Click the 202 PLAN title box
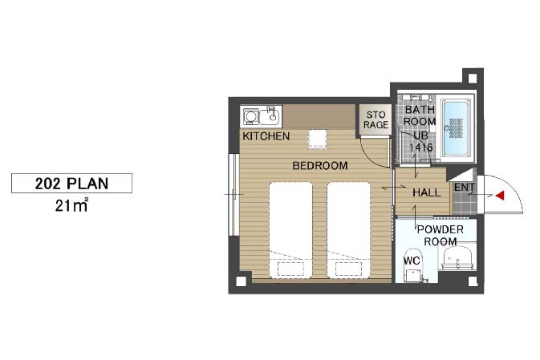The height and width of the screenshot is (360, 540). click(71, 183)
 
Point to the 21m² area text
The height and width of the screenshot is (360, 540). click(71, 205)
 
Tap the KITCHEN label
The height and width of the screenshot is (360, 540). click(266, 136)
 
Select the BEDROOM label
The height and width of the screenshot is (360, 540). click(320, 165)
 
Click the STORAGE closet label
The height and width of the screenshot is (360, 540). click(376, 119)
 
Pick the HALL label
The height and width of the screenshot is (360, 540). click(426, 192)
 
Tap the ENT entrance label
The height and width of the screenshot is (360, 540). click(465, 188)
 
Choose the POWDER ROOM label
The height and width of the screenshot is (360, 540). click(441, 236)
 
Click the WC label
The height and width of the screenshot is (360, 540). click(412, 261)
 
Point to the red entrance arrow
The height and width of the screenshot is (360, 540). click(500, 196)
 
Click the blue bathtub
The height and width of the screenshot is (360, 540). click(456, 128)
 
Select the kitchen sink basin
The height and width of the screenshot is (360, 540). click(270, 116)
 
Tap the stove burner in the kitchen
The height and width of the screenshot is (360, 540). click(250, 116)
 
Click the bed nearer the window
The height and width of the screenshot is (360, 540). click(290, 229)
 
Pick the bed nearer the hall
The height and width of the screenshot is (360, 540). click(348, 229)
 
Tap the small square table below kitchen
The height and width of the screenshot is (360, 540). click(318, 139)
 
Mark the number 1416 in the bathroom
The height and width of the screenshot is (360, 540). click(420, 148)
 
